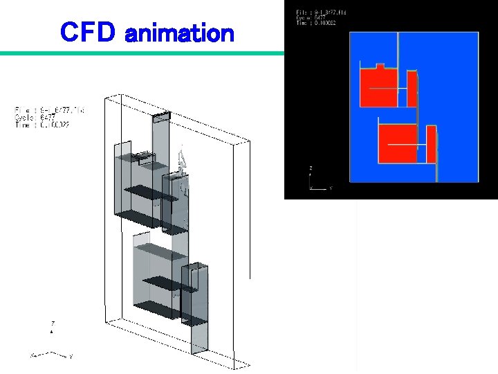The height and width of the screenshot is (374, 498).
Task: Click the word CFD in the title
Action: click(88, 32)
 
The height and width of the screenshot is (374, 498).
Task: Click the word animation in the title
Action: click(179, 33)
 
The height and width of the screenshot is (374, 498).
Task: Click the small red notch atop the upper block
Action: click(379, 66)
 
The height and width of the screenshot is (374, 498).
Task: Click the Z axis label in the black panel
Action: click(311, 168)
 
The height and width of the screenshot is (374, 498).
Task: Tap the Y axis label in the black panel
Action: click(330, 188)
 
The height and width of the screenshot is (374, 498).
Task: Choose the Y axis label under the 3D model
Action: click(71, 356)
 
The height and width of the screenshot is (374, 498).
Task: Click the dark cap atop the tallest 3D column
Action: click(160, 116)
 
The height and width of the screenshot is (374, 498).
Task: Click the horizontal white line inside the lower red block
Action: click(405, 144)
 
